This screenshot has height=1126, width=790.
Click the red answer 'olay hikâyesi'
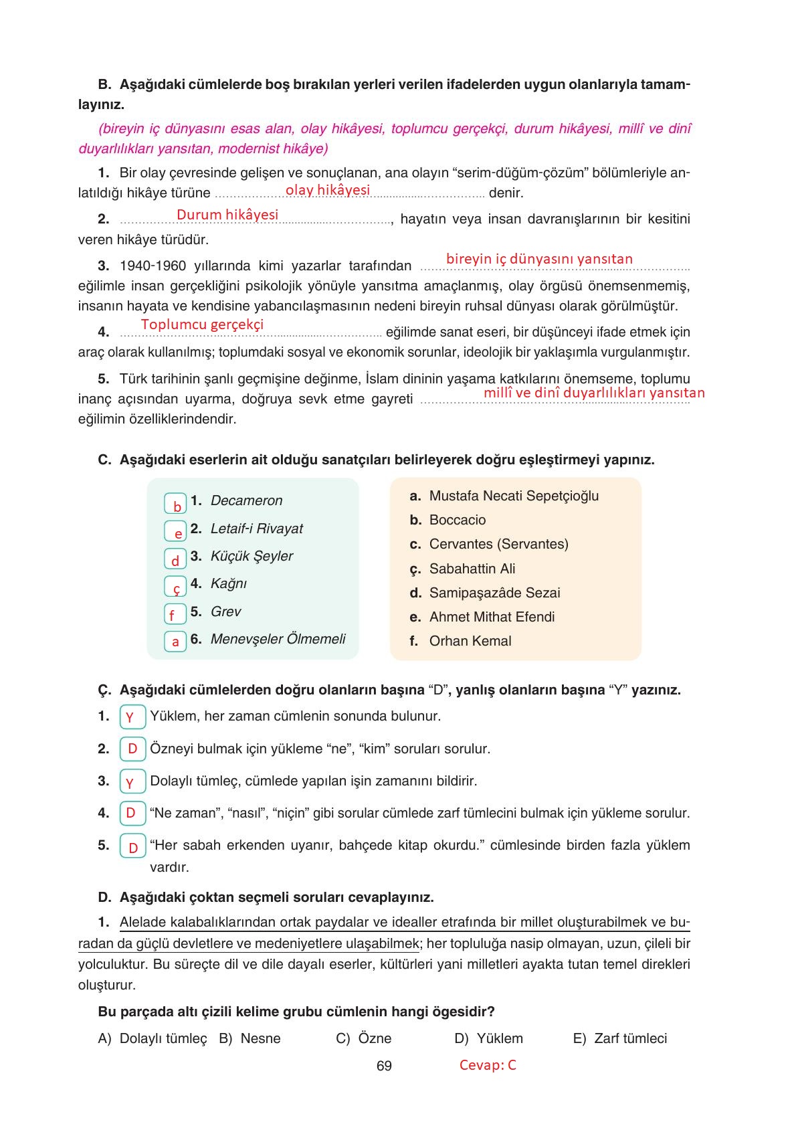327,190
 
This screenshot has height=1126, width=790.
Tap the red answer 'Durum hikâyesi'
227,215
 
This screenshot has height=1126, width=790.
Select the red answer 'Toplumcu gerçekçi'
202,324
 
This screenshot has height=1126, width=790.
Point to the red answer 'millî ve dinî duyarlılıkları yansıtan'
594,393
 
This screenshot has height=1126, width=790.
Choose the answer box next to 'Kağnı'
175,587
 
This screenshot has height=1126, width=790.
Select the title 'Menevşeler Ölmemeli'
278,639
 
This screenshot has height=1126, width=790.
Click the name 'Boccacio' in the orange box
458,520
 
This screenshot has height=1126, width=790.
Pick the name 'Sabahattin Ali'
472,569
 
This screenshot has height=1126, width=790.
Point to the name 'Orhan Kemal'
470,641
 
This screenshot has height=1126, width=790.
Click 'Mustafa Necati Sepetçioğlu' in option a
514,496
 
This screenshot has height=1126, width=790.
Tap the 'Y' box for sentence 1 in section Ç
132,717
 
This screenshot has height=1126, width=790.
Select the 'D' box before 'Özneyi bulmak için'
132,749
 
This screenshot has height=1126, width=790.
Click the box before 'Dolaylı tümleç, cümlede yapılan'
132,781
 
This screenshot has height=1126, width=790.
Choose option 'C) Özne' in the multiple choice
364,1038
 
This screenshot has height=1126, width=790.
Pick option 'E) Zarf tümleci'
620,1038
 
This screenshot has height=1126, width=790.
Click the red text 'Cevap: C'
488,1065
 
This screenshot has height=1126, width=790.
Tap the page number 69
384,1066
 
